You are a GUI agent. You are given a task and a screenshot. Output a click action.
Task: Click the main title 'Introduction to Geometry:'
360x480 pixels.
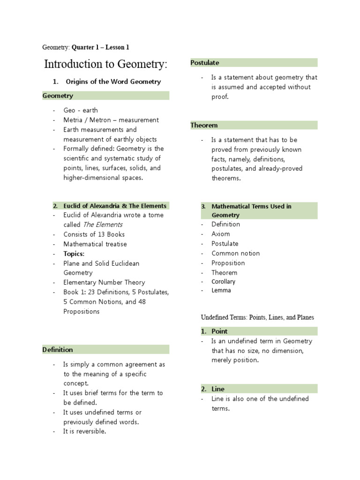[x=105, y=64]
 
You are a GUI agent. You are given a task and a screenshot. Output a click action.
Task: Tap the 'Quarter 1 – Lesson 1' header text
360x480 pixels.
[x=100, y=47]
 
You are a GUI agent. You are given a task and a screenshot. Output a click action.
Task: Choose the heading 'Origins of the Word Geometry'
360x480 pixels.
[x=113, y=82]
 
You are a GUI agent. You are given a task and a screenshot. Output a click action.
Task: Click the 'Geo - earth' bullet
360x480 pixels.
[x=81, y=110]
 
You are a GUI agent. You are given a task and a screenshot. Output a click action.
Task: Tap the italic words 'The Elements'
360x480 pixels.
[x=103, y=225]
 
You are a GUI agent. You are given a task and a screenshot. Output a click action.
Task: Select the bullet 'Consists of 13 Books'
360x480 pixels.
[x=94, y=234]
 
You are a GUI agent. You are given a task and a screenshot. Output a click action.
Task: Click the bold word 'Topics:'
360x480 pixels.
[x=74, y=254]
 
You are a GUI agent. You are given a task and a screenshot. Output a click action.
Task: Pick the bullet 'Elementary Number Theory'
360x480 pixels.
[x=104, y=282]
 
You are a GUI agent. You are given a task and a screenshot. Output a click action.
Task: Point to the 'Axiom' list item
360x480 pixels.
[x=220, y=234]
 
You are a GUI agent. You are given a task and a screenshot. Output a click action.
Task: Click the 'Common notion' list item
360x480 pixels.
[x=235, y=253]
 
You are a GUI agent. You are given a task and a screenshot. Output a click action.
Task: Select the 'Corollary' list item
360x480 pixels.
[x=223, y=282]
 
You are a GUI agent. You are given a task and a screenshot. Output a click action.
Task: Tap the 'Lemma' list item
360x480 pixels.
[x=221, y=291]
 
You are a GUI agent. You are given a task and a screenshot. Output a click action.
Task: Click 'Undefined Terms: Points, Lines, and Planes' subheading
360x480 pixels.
[x=257, y=317]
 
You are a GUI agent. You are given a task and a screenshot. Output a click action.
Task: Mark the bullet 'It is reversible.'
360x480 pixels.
[x=85, y=431]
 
